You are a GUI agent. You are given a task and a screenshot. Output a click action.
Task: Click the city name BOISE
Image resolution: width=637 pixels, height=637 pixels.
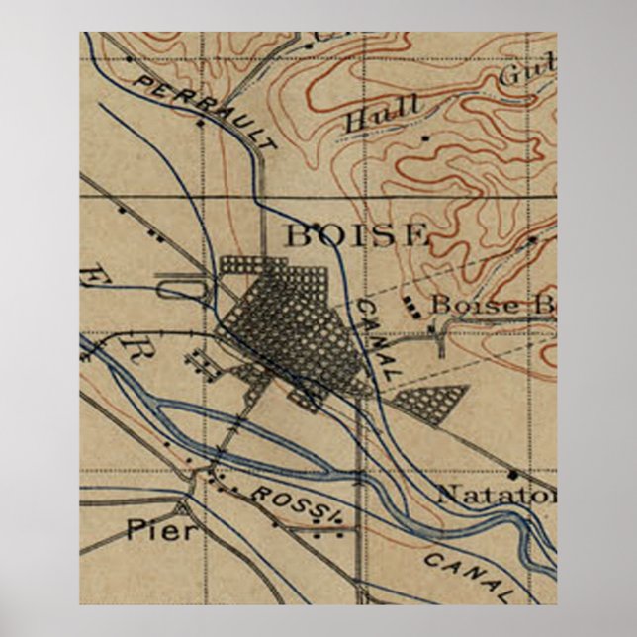(x=357, y=236)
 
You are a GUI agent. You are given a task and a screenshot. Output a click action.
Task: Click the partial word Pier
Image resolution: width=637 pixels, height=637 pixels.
(x=161, y=530)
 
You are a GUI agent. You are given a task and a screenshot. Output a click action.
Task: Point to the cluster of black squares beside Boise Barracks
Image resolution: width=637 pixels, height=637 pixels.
(x=410, y=308)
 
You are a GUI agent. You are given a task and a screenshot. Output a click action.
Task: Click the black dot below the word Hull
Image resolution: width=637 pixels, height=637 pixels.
(x=425, y=138)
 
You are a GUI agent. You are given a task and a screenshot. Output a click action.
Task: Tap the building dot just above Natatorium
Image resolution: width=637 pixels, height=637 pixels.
(x=514, y=475)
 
